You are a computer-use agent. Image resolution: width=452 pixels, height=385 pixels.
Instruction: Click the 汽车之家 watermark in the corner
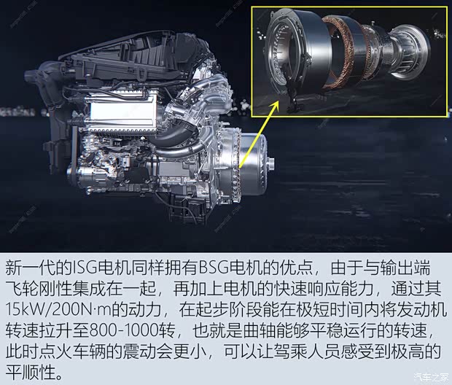point(426,376)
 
